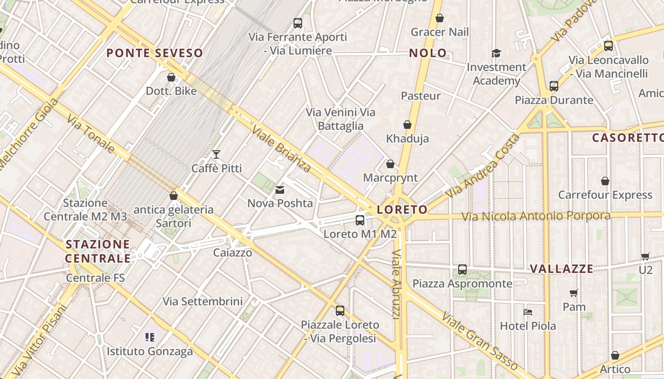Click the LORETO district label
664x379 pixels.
pos(402,209)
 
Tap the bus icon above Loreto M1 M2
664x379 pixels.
pos(360,220)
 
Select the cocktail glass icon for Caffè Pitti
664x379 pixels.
pos(216,154)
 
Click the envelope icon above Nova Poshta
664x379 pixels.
pos(280,190)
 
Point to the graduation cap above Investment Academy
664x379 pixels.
pos(496,53)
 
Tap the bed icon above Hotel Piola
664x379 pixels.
pos(528,312)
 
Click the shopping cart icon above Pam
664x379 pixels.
pos(574,293)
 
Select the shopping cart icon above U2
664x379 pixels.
pos(646,256)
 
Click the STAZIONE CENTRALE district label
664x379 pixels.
pos(98,251)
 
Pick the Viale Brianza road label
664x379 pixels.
pos(281,148)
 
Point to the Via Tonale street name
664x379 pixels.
pos(91,134)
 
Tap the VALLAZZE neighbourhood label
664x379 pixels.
pos(562,269)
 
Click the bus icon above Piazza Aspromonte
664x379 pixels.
pos(462,270)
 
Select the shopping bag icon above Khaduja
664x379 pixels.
pos(407,125)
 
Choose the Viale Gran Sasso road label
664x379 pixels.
pos(479,340)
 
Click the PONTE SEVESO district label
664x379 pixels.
pos(155,53)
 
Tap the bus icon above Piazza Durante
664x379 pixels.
pos(553,86)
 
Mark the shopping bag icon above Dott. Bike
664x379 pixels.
pos(171,77)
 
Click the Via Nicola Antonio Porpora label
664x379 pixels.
pos(536,217)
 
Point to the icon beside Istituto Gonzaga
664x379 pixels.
pos(150,337)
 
